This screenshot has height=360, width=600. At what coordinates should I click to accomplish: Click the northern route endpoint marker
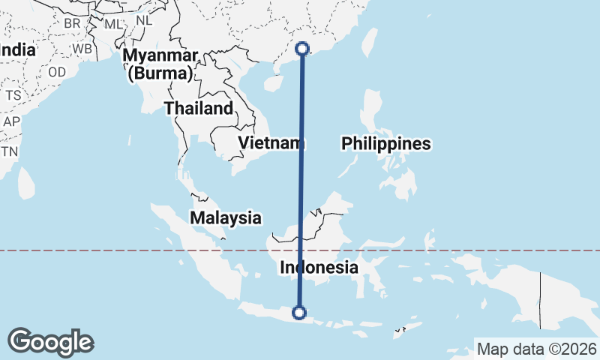point(302,49)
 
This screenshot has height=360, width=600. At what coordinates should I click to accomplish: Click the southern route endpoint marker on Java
point(300,313)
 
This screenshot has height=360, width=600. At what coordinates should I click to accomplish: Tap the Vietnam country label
point(268,142)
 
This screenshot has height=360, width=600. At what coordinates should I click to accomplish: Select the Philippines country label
point(386,144)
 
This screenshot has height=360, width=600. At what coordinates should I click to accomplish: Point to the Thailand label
point(199,109)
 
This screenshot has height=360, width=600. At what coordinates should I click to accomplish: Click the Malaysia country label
point(225,218)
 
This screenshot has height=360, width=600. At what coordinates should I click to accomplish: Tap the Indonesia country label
point(319,267)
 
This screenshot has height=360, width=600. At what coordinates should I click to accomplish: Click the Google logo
point(51,342)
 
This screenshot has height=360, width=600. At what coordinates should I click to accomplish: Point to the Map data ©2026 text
point(537,349)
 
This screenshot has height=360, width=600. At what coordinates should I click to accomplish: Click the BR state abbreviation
point(72,23)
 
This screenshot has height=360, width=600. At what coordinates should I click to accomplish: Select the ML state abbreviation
point(113,23)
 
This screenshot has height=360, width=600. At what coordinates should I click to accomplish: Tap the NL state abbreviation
point(144,21)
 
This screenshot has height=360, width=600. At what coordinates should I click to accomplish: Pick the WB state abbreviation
point(82,49)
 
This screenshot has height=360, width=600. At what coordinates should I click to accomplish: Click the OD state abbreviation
point(57,73)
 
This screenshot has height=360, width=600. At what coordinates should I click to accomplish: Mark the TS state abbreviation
point(13,95)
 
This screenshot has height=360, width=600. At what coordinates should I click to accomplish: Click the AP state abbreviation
point(11,121)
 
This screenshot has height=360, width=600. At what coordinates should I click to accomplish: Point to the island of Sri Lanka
point(26,182)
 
